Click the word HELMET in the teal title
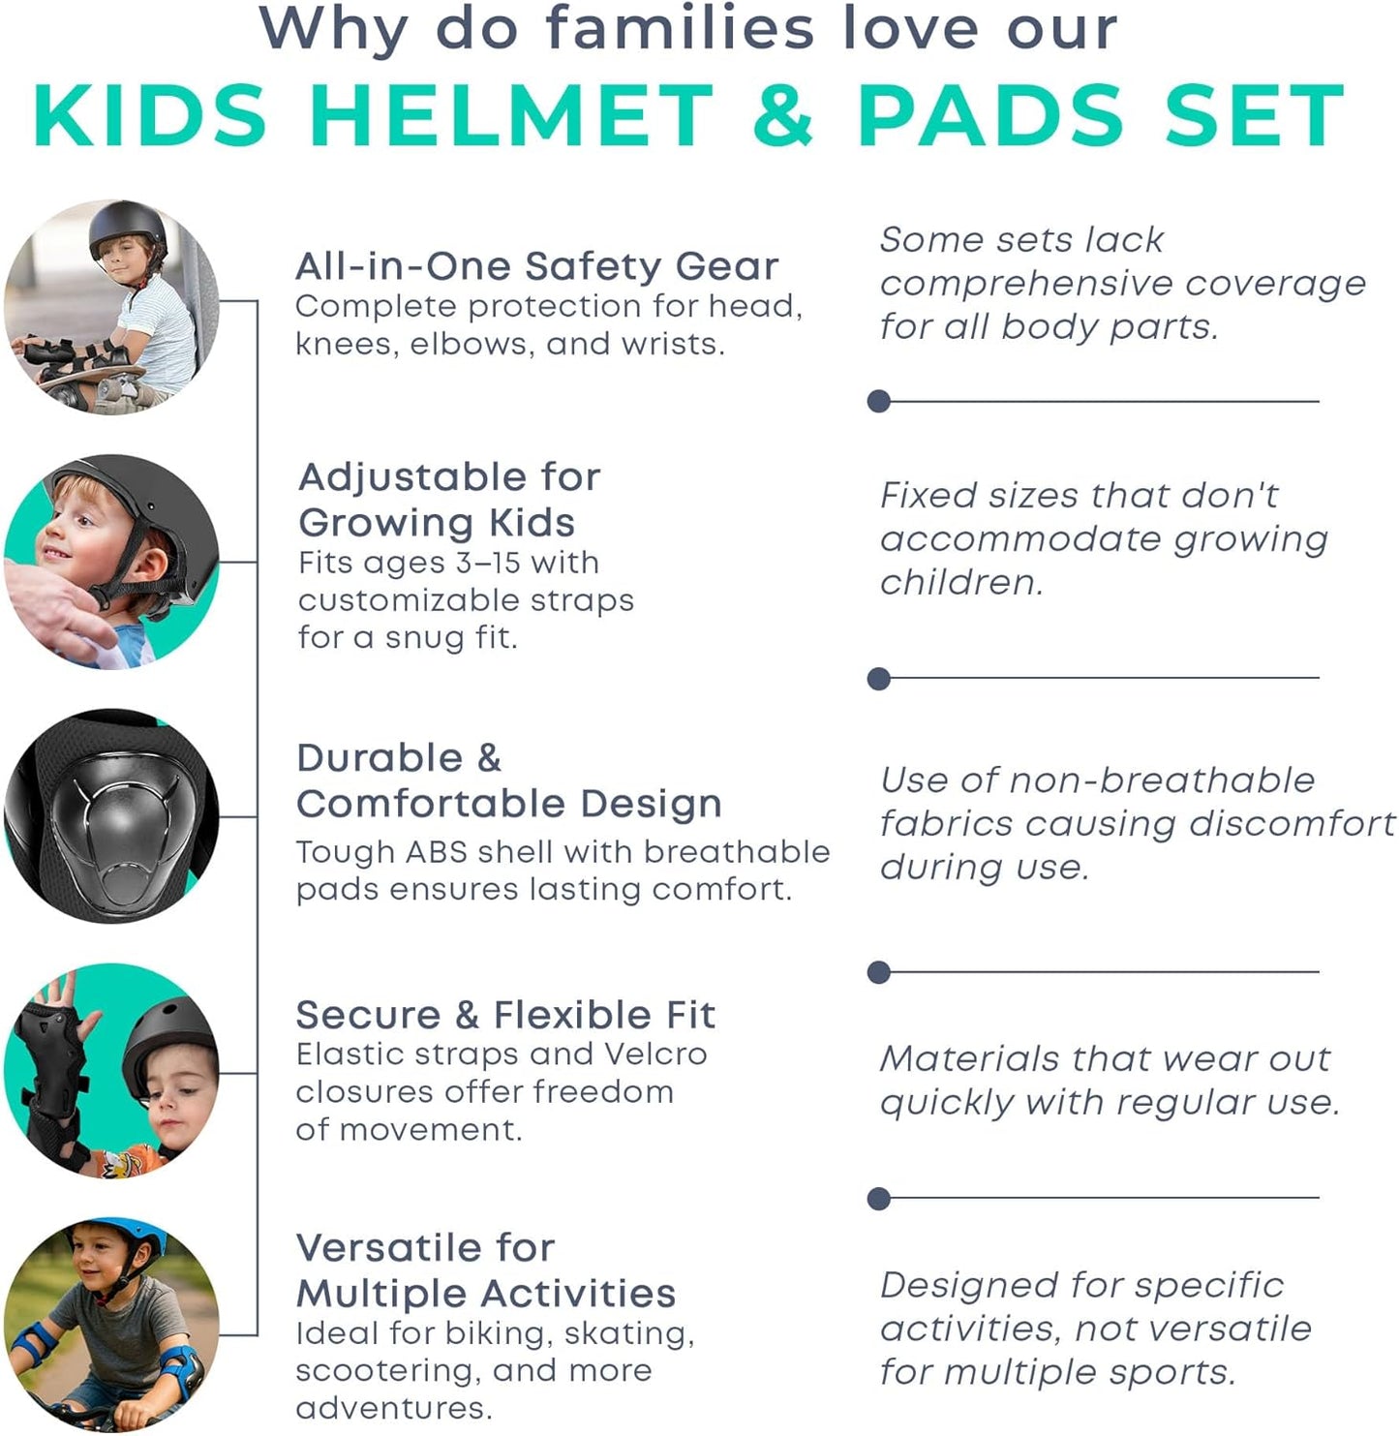[511, 116]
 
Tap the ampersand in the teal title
[782, 116]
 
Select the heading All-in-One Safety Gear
[536, 265]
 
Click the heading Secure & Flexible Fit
[505, 1015]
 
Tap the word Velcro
[655, 1054]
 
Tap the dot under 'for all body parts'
[879, 401]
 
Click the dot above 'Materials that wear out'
[879, 972]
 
